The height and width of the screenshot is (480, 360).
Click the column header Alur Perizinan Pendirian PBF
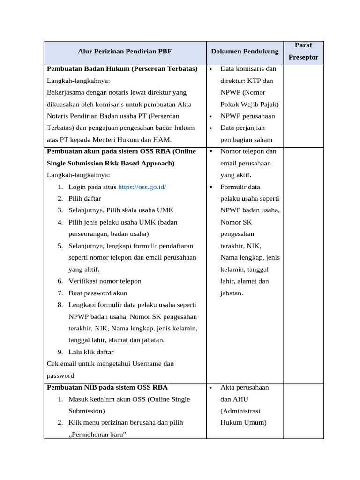[x=125, y=52]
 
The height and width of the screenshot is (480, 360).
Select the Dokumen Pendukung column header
[x=244, y=52]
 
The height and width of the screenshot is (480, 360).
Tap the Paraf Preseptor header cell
[x=303, y=52]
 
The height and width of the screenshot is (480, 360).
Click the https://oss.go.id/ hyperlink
[x=142, y=187]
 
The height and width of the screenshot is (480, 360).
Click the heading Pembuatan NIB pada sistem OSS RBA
[x=107, y=388]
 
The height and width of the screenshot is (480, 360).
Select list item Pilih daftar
[x=84, y=199]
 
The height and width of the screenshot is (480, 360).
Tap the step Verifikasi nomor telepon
[x=105, y=281]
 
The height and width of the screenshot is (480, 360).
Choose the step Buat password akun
[x=97, y=293]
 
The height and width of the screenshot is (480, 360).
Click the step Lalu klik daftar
[x=91, y=352]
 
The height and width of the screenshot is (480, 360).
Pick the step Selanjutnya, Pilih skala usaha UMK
[x=121, y=210]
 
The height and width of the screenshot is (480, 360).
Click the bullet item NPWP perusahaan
[x=247, y=116]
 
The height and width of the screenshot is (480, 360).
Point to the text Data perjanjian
[x=242, y=128]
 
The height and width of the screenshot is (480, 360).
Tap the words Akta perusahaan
[x=244, y=388]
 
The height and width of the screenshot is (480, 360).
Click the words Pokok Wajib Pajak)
[x=249, y=105]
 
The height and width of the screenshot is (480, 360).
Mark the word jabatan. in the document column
[x=232, y=293]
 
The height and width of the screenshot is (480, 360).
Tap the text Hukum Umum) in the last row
[x=243, y=422]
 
